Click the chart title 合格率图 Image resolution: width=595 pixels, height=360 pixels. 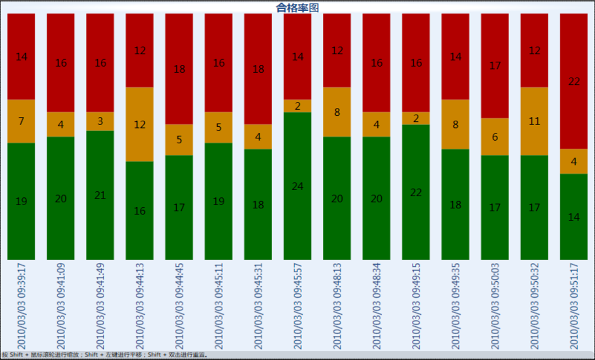(297, 7)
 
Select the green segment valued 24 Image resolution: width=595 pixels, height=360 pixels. (297, 186)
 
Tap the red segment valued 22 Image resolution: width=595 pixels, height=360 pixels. (574, 81)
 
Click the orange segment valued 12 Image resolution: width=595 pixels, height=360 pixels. (139, 124)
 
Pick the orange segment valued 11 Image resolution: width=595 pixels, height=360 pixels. (534, 121)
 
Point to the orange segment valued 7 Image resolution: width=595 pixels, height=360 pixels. (21, 121)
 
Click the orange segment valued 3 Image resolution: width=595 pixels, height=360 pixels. (100, 121)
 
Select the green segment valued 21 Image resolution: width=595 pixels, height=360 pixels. (100, 195)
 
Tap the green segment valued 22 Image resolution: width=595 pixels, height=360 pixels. (416, 192)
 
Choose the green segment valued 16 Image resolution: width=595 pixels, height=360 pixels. (139, 211)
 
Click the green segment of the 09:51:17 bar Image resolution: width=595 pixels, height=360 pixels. (574, 217)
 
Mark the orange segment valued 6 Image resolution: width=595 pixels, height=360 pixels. (495, 137)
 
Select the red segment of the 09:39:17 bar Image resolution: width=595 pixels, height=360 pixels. (21, 56)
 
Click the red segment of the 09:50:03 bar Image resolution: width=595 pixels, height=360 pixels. (495, 66)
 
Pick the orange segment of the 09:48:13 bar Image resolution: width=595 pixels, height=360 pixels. (337, 112)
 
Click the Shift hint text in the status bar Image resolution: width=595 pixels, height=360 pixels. (105, 354)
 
